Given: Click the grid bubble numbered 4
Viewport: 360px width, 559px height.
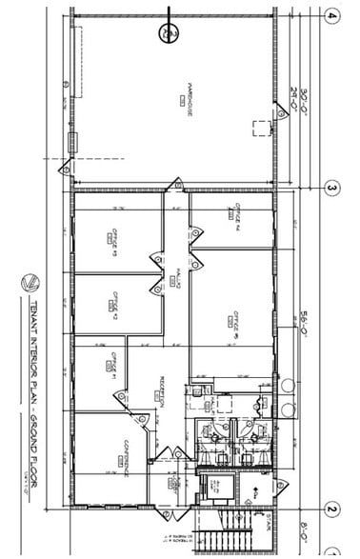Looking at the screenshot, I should [x=332, y=15].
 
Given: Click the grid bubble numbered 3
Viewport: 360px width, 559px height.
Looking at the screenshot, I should [x=332, y=189].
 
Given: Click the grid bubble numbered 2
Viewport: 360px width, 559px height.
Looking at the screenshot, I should [x=332, y=508].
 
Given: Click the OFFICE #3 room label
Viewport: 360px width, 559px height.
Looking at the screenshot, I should [x=113, y=301].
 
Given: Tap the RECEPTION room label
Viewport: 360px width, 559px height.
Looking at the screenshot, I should [x=163, y=389].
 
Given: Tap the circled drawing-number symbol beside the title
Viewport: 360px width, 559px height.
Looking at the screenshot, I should [x=31, y=282].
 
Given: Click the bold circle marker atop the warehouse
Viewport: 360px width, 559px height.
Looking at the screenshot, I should [x=169, y=33].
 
